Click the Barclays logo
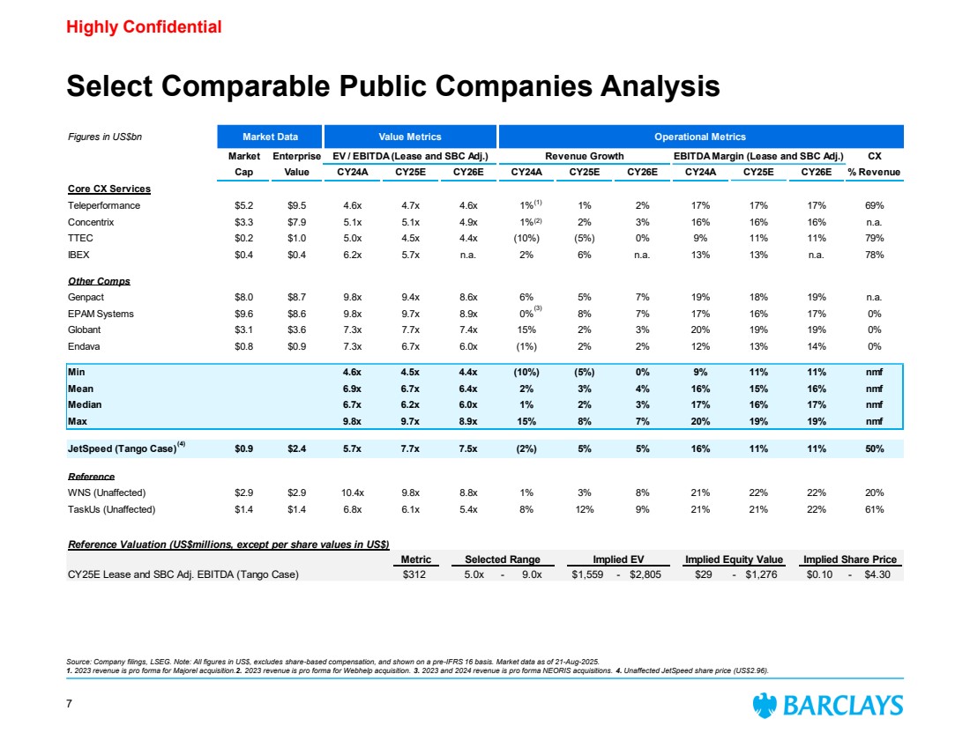coord(827,706)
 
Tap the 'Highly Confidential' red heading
coord(144,27)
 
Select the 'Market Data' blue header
coord(270,137)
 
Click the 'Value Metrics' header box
coord(409,137)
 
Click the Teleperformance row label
coord(104,205)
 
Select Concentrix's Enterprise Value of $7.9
coord(297,222)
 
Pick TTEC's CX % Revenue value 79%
coord(873,238)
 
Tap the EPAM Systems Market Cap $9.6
coord(235,313)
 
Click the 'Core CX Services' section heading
coord(109,189)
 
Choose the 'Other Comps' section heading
coord(99,281)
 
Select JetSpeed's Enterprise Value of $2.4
coord(297,448)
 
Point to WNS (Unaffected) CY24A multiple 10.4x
coord(354,493)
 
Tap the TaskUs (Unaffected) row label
coord(112,509)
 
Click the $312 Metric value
coord(415,575)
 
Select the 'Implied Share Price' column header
coord(848,559)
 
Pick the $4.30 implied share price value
coord(879,575)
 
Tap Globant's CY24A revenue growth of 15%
coord(526,329)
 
